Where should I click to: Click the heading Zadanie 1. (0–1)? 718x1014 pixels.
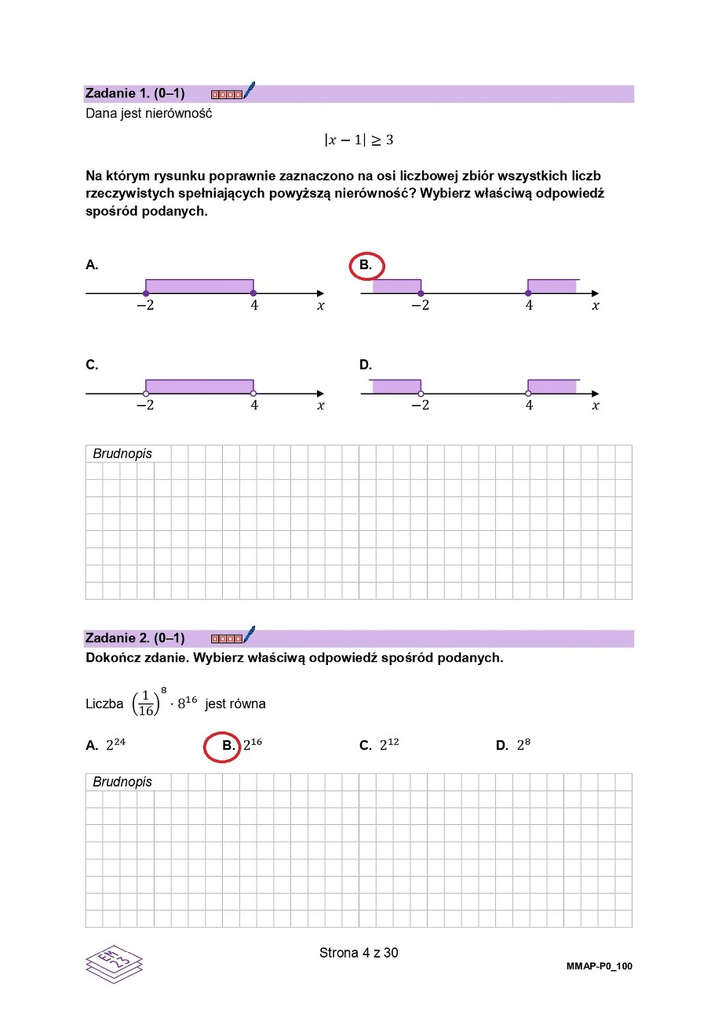click(134, 93)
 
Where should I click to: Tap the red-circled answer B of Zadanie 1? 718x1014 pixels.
click(366, 266)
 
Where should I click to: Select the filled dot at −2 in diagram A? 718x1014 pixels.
click(146, 293)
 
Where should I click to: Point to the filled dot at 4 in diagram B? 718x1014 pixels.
click(528, 293)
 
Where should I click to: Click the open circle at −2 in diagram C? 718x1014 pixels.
click(146, 393)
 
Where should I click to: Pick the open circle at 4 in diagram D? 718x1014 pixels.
click(528, 393)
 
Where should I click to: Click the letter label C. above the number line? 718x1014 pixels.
click(92, 365)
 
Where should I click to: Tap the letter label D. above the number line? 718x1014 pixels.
click(366, 365)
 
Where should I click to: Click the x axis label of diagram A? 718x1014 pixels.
click(320, 306)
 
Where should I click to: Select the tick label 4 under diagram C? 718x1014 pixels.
click(254, 405)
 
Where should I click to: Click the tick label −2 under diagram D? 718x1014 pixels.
click(420, 405)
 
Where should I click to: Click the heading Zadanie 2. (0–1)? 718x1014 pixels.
click(134, 638)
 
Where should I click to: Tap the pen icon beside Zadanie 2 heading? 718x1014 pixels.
click(250, 634)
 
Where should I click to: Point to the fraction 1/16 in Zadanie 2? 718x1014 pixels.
click(146, 703)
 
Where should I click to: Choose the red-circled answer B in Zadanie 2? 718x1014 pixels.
click(227, 746)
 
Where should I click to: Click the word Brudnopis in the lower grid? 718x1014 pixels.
click(122, 782)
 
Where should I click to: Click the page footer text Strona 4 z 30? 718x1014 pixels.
click(359, 953)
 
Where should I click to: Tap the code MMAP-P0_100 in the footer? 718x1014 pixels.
click(599, 966)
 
